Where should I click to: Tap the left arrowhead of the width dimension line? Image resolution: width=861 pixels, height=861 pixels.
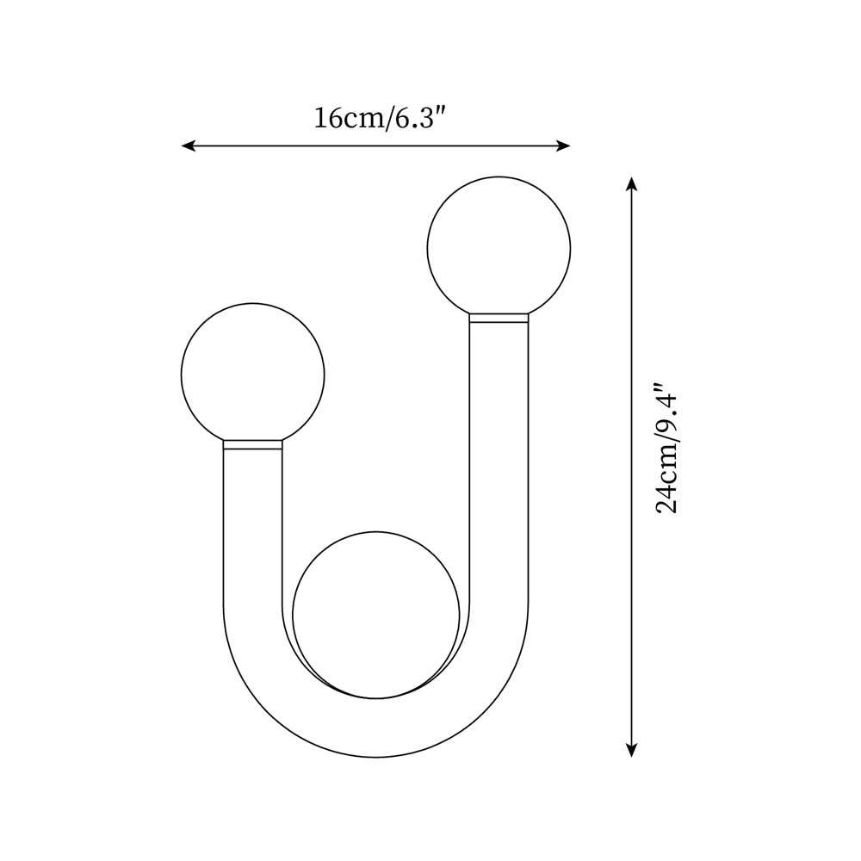pos(187,146)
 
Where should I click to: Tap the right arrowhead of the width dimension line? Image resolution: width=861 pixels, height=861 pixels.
pos(565,146)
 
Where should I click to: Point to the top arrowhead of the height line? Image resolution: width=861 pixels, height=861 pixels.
pos(632,183)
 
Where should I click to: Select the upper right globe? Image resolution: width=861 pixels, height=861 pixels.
pos(499,247)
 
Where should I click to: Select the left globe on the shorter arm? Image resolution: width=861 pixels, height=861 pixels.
pos(252,374)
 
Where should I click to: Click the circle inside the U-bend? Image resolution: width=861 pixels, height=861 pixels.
pos(375,613)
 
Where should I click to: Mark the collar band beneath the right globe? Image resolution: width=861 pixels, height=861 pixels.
pos(499,318)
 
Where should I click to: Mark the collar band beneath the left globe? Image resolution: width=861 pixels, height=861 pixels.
pos(252,444)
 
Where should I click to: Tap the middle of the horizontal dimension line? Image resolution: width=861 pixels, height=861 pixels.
pos(375,146)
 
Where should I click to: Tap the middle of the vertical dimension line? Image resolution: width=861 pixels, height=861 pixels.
pos(632,467)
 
